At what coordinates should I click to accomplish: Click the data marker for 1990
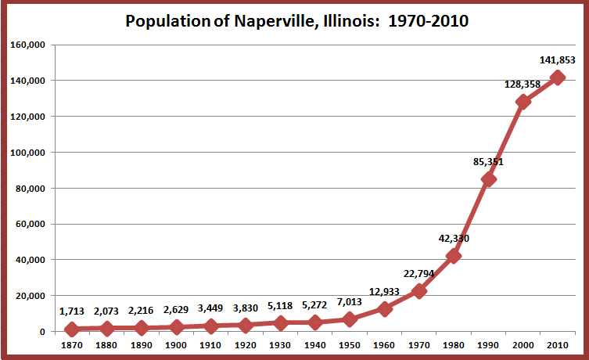click(x=489, y=179)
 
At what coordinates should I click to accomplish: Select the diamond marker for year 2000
click(x=523, y=102)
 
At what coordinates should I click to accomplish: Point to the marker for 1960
click(x=384, y=309)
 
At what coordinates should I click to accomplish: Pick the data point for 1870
click(x=72, y=329)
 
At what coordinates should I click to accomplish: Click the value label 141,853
click(x=557, y=60)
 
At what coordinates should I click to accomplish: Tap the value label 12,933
click(x=384, y=291)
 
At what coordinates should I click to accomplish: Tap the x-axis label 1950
click(x=350, y=344)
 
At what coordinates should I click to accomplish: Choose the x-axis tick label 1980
click(x=454, y=344)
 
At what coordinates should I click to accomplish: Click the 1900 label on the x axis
click(x=176, y=344)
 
